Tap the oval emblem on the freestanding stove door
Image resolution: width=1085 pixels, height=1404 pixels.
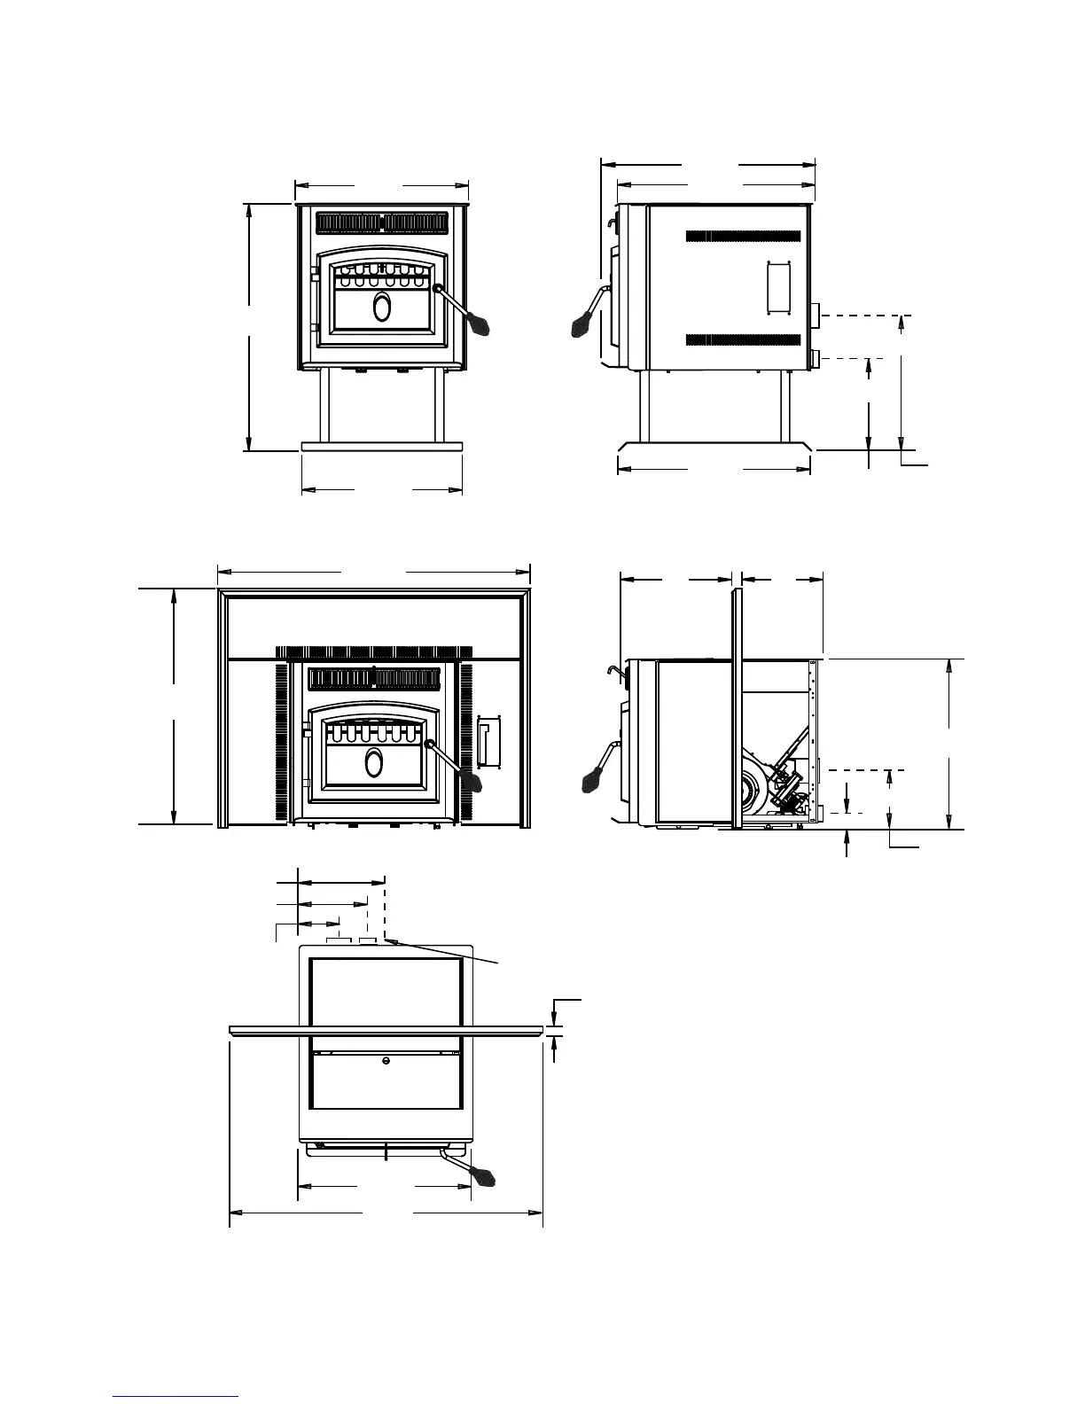(x=382, y=307)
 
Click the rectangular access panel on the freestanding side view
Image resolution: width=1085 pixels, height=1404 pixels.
(x=777, y=287)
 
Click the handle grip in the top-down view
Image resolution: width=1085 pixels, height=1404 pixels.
(x=484, y=1175)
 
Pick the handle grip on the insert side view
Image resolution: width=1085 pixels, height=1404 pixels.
(x=592, y=780)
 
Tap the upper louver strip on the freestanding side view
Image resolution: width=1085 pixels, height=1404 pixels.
(x=744, y=237)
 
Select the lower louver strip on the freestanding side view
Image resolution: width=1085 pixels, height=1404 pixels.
(x=744, y=339)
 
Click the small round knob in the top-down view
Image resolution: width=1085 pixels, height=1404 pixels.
(x=386, y=1061)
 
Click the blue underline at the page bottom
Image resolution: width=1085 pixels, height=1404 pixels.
(x=176, y=1396)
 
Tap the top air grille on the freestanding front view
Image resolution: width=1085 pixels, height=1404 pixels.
(x=382, y=222)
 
